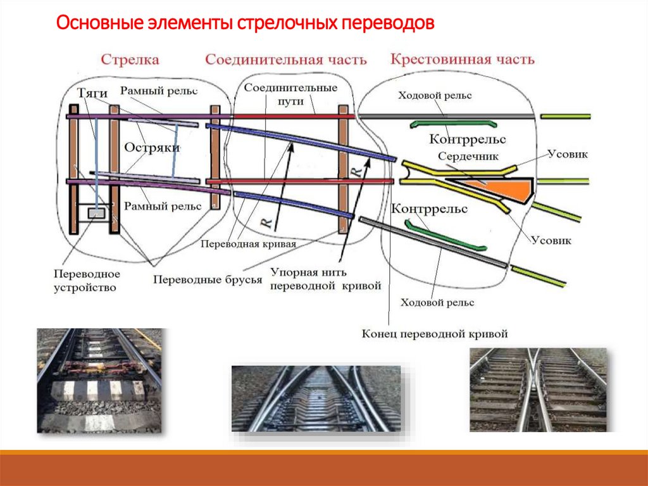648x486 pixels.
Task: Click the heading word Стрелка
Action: point(130,60)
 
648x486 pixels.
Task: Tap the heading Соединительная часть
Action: point(285,60)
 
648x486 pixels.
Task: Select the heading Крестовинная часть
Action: point(462,60)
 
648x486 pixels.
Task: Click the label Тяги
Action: point(92,94)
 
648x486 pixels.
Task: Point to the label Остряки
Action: point(152,147)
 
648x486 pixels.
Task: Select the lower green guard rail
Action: point(446,236)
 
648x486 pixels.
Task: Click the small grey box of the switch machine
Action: point(96,214)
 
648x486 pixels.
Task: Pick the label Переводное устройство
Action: point(87,281)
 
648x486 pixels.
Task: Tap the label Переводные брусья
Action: point(208,279)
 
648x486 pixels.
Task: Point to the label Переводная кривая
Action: point(248,243)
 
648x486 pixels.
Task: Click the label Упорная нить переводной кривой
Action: point(326,279)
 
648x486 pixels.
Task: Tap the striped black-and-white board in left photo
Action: point(98,390)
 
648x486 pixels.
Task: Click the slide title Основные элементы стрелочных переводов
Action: point(246,25)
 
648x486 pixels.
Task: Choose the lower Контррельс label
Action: point(430,208)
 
